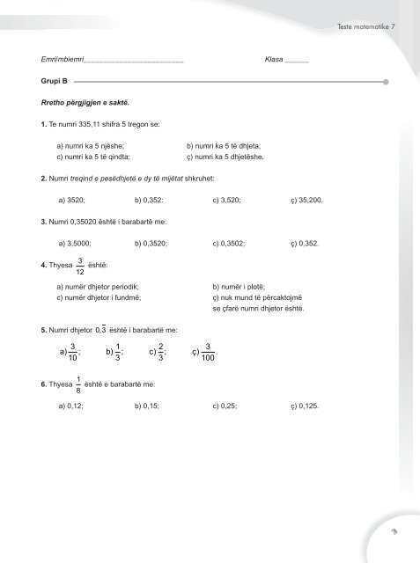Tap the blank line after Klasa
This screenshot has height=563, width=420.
pyautogui.click(x=297, y=60)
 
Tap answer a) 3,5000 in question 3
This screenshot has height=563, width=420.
pyautogui.click(x=76, y=242)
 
